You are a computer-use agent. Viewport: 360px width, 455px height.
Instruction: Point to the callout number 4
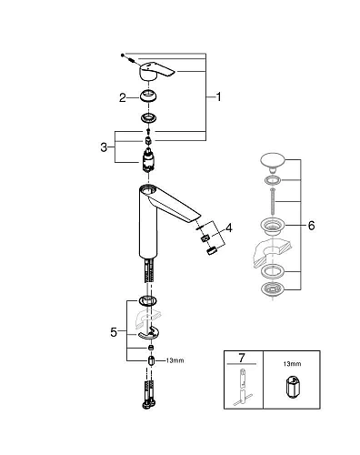pos(229,227)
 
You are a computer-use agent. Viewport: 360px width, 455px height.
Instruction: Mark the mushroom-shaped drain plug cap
pos(272,164)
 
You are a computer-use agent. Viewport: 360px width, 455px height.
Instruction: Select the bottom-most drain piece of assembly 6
pos(272,288)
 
